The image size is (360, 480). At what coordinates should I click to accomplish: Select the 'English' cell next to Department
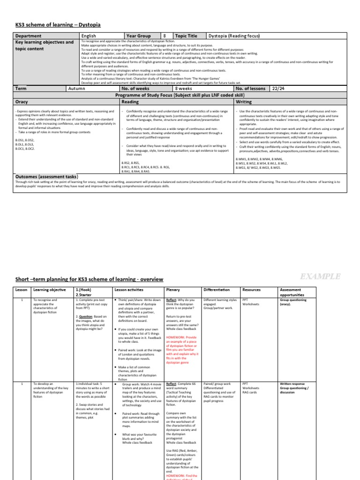pos(89,36)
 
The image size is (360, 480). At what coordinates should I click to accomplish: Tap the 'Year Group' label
pos(138,36)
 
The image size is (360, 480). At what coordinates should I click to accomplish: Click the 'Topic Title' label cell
pos(186,36)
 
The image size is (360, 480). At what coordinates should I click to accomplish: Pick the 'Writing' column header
pos(244,101)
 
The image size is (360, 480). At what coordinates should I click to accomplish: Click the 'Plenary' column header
pos(173,290)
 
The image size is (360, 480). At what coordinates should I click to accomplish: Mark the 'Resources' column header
pos(251,290)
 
